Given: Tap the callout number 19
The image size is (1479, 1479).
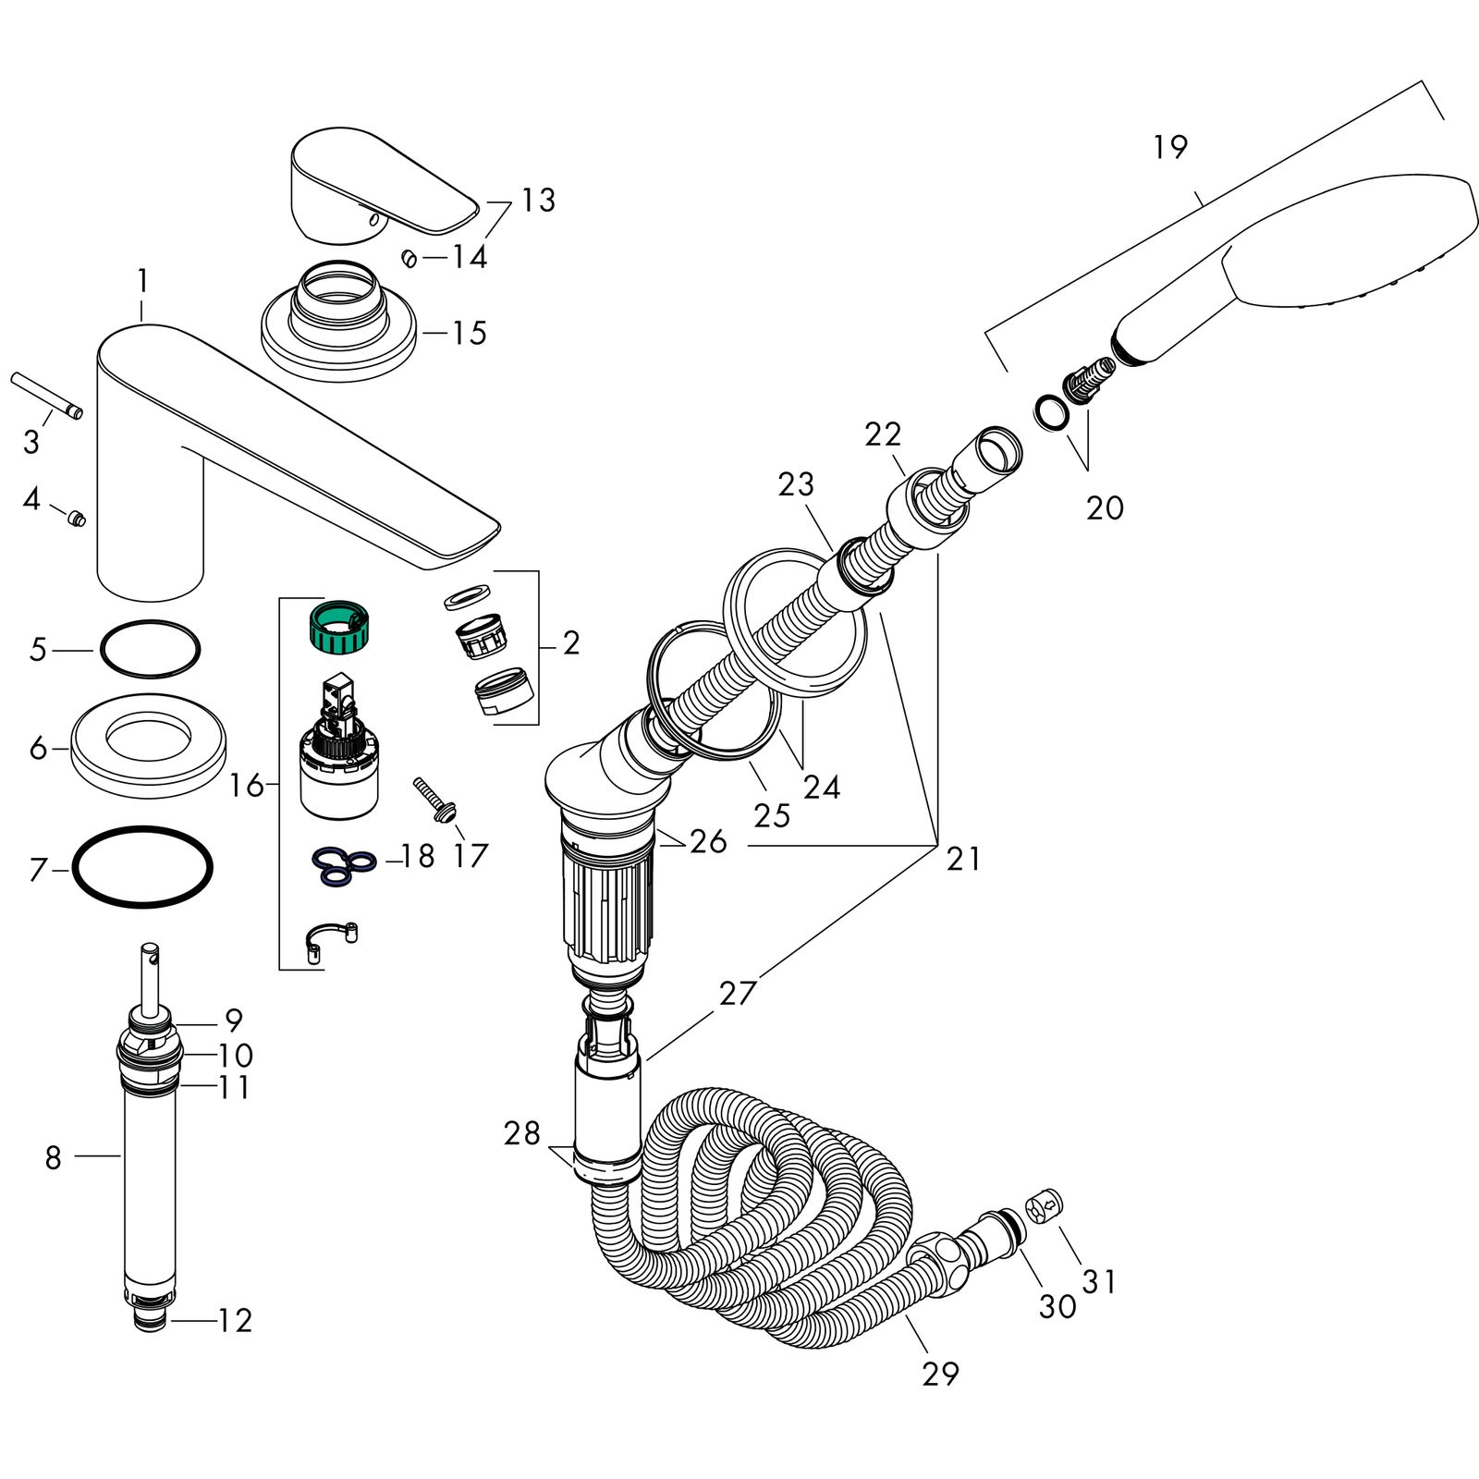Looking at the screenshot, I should pyautogui.click(x=1170, y=147).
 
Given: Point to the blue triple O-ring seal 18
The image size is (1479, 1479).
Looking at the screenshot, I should pyautogui.click(x=343, y=862).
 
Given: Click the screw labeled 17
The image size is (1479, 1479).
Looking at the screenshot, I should pyautogui.click(x=434, y=798).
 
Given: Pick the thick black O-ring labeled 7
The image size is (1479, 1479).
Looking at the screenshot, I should pyautogui.click(x=142, y=867).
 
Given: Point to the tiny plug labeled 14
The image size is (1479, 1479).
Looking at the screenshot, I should pyautogui.click(x=408, y=258).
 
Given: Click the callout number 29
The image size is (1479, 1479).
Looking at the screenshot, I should pyautogui.click(x=940, y=1374).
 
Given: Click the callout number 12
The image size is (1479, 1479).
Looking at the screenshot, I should pyautogui.click(x=235, y=1320).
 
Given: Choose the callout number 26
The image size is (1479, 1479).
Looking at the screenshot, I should pyautogui.click(x=708, y=841).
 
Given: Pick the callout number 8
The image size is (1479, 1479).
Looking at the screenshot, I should pyautogui.click(x=53, y=1156).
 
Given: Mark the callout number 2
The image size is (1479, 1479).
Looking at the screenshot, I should pyautogui.click(x=571, y=643).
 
